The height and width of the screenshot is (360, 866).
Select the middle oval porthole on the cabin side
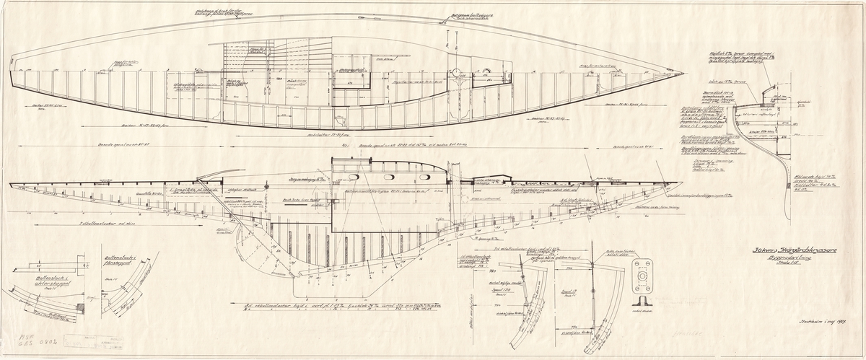pos(390,176)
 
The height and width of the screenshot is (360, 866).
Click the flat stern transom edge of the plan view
pos(12,72)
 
